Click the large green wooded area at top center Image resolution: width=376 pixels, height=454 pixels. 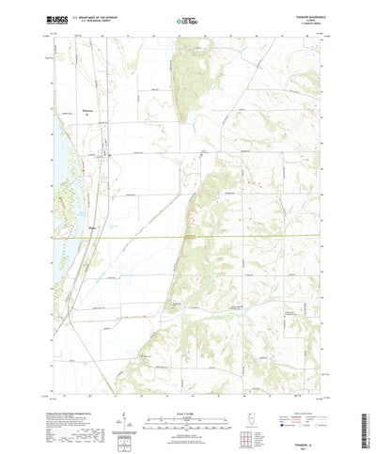(184, 75)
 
